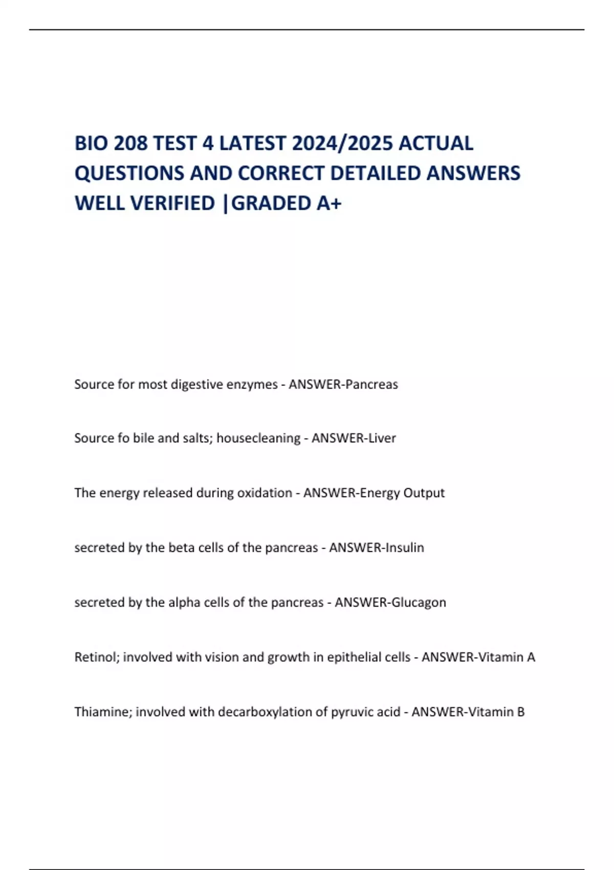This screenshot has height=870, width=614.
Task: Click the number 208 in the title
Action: (130, 143)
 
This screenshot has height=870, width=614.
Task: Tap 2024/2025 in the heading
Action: (342, 143)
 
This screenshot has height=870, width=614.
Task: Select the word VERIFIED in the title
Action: (173, 203)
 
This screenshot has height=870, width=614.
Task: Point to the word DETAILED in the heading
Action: (376, 173)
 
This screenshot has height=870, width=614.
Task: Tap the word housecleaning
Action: (258, 438)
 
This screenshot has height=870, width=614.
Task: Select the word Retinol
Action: (97, 657)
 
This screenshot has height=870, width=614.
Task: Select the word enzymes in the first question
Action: (252, 384)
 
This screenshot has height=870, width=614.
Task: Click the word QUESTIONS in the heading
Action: (130, 173)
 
